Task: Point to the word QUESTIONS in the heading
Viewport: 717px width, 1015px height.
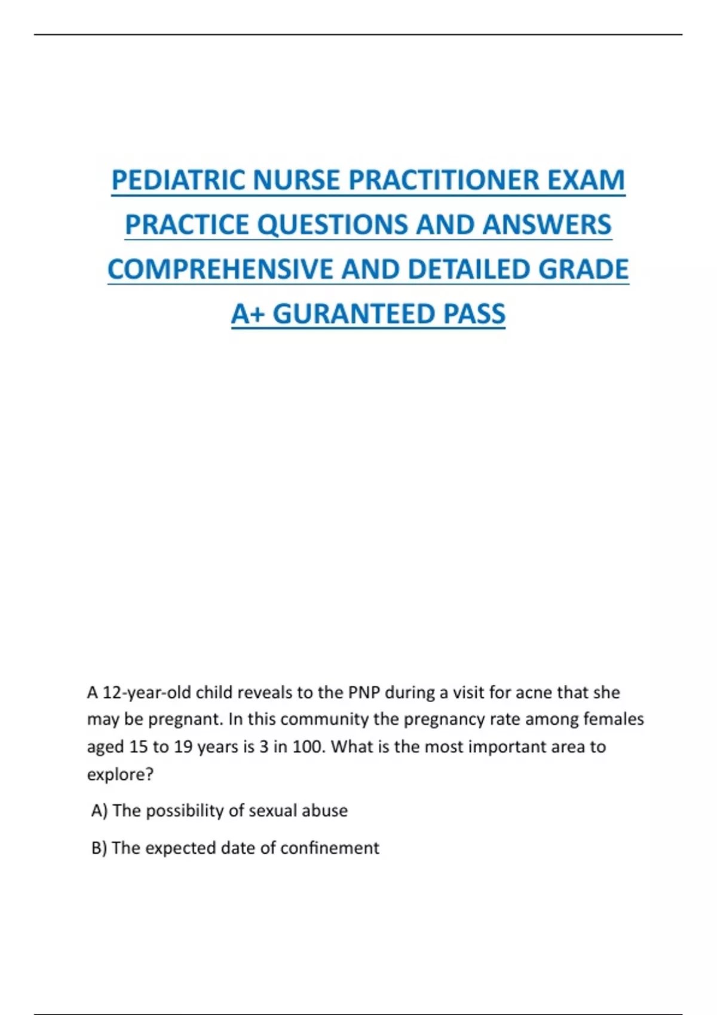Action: [x=333, y=225]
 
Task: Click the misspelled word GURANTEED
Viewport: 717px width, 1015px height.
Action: [x=354, y=314]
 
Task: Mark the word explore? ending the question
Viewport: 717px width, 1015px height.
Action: [x=120, y=774]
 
